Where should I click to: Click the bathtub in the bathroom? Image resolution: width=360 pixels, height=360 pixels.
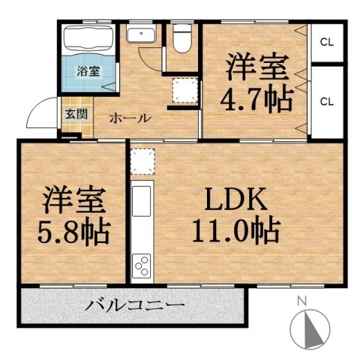pyautogui.click(x=88, y=40)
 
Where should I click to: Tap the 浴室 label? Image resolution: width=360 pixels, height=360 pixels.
pyautogui.click(x=88, y=71)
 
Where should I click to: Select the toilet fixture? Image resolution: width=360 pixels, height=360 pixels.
pyautogui.click(x=182, y=38)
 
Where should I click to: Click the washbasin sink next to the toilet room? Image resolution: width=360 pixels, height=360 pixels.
pyautogui.click(x=141, y=35)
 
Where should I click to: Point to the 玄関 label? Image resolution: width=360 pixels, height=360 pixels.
pyautogui.click(x=76, y=114)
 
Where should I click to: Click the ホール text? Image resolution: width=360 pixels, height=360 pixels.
pyautogui.click(x=130, y=118)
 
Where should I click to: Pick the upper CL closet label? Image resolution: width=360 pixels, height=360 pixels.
pyautogui.click(x=327, y=43)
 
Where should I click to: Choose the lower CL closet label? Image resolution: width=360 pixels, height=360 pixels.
pyautogui.click(x=327, y=102)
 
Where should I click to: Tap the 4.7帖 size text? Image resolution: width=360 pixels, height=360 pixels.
pyautogui.click(x=256, y=100)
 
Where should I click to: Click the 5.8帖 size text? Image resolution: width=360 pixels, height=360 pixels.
pyautogui.click(x=74, y=231)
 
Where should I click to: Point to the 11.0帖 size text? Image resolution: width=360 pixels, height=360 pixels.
pyautogui.click(x=235, y=231)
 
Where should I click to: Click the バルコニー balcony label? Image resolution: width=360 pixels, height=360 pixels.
pyautogui.click(x=134, y=305)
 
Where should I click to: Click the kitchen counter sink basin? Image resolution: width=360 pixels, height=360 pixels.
pyautogui.click(x=142, y=201)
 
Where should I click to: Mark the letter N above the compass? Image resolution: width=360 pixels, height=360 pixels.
pyautogui.click(x=302, y=301)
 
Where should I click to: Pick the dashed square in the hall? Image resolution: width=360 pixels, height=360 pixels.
pyautogui.click(x=184, y=90)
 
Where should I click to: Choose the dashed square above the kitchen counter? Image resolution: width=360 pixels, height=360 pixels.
pyautogui.click(x=142, y=161)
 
